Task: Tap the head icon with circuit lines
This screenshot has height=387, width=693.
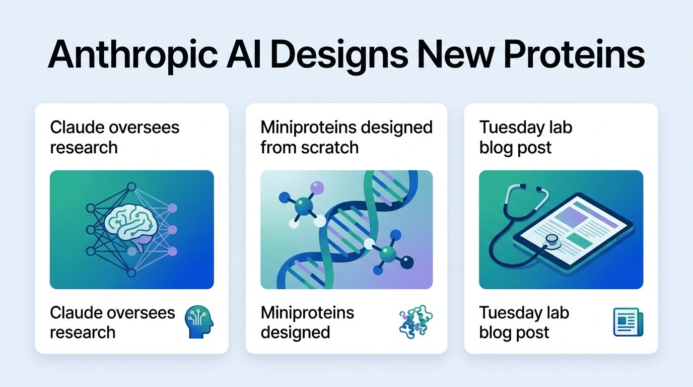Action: click(x=199, y=321)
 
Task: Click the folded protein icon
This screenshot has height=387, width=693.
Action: click(x=416, y=321)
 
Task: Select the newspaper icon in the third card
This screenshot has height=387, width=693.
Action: click(x=628, y=322)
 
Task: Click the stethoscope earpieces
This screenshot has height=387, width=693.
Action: click(x=531, y=187)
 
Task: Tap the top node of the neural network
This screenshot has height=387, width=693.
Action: click(x=131, y=186)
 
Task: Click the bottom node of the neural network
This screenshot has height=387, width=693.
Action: click(x=131, y=273)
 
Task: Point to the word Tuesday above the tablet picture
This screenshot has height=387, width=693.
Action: click(x=513, y=128)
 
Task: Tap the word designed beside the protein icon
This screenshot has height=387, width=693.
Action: click(x=296, y=333)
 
